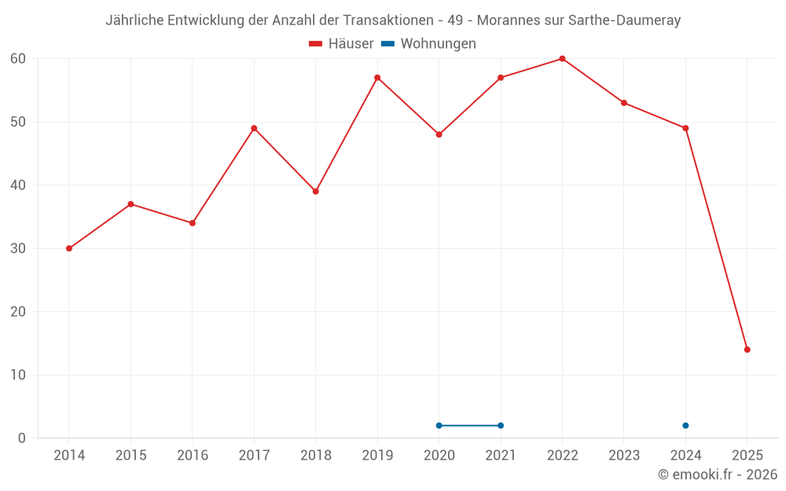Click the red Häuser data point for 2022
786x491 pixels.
562,59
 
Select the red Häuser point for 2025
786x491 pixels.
747,350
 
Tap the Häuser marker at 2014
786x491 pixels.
69,248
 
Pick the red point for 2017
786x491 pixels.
254,128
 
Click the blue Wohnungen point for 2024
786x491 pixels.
685,426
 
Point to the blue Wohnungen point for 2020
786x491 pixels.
439,426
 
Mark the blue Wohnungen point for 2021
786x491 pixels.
501,426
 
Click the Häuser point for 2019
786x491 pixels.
377,78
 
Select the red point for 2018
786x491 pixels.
316,192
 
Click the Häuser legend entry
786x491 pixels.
342,44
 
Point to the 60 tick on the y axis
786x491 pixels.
18,59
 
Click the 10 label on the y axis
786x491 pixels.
18,375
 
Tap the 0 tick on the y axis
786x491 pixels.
22,438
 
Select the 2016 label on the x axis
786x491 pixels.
193,456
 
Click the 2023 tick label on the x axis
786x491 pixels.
624,456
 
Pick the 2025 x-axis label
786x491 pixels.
747,456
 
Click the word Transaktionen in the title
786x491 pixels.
388,20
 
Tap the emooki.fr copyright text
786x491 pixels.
717,475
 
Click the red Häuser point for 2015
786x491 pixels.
130,204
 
